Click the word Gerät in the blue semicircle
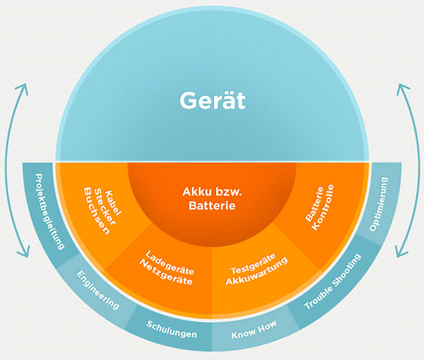pos(212,100)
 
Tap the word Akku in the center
pos(195,192)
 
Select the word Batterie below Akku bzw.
pos(212,206)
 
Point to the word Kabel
pos(113,203)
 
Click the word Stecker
pos(105,207)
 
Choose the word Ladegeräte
pos(170,263)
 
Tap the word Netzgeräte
pos(166,273)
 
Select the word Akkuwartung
pos(257,271)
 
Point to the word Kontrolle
pos(322,207)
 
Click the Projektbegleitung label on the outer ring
pos(49,212)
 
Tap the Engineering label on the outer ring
pos(98,290)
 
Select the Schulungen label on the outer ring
pos(171,329)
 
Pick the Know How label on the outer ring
pos(254,330)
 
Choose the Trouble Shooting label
pos(333,282)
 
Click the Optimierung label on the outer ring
pos(378,204)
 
